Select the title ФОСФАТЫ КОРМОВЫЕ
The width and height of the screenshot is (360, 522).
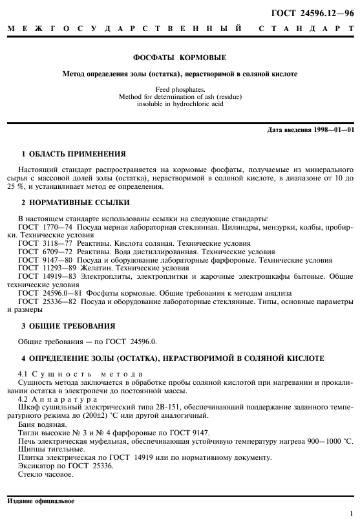point(180,58)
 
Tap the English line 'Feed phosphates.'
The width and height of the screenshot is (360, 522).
point(180,88)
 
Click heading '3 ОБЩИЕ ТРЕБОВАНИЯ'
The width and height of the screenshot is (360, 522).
point(69,326)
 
